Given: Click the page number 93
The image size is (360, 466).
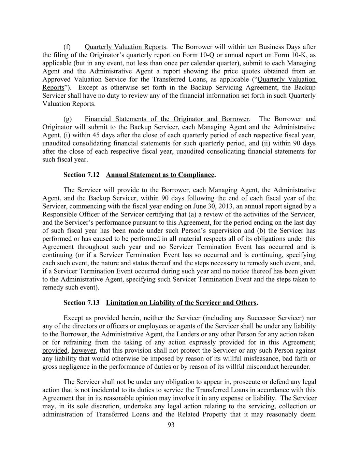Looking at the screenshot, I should (171, 425).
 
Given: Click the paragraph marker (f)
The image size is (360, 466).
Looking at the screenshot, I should (67, 47).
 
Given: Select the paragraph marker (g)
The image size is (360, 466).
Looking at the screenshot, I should (68, 119).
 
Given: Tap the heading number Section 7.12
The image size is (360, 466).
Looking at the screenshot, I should (82, 175).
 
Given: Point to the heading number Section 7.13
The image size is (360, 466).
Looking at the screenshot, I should (82, 303).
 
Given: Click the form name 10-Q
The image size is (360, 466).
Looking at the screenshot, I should (206, 55).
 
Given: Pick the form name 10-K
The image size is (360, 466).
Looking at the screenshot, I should (300, 55).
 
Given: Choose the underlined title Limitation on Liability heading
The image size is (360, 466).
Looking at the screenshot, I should (181, 303).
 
